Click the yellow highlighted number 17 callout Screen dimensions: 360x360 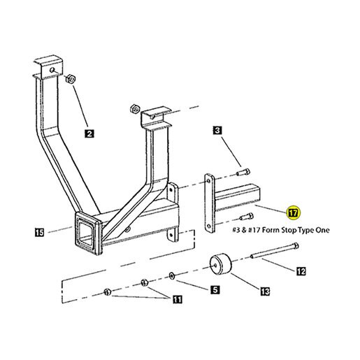pyautogui.click(x=293, y=213)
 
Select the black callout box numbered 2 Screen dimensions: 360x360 pyautogui.click(x=89, y=134)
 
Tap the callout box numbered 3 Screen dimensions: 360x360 pyautogui.click(x=217, y=130)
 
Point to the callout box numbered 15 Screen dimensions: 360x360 pyautogui.click(x=39, y=232)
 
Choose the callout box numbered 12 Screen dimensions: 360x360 pyautogui.click(x=301, y=271)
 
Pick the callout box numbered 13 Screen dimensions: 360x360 pyautogui.click(x=265, y=291)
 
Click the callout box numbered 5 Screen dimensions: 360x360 pyautogui.click(x=215, y=289)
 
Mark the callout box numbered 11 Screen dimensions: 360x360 pyautogui.click(x=178, y=299)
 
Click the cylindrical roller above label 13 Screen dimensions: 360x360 pyautogui.click(x=221, y=264)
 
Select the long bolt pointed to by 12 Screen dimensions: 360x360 pyautogui.click(x=274, y=251)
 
